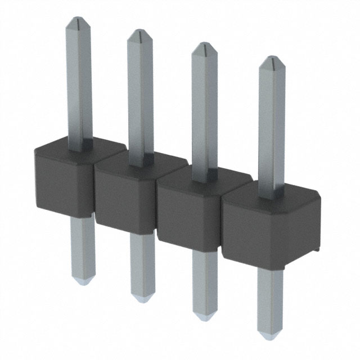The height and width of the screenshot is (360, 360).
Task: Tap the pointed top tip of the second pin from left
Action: click(x=138, y=34)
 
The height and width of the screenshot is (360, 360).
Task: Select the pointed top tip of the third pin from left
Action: click(x=204, y=47)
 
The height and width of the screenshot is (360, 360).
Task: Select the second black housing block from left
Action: click(x=124, y=194)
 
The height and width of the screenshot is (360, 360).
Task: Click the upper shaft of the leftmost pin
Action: click(x=78, y=84)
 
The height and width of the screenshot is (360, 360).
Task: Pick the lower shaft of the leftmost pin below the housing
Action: click(x=83, y=247)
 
